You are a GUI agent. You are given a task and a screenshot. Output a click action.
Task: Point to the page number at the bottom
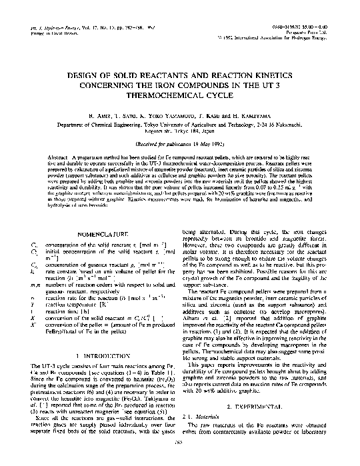[x=180, y=459]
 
